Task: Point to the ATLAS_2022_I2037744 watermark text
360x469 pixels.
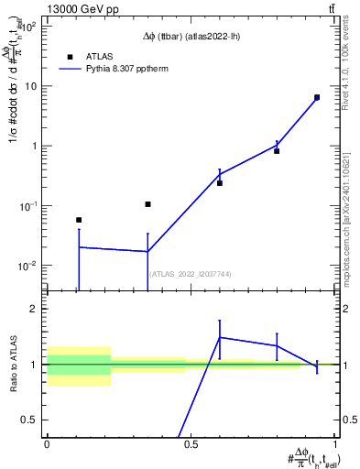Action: coord(191,274)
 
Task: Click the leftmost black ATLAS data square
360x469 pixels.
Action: coord(79,220)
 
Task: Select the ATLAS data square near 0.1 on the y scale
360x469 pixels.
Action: coord(147,204)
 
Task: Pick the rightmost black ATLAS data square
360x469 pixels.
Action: coord(317,97)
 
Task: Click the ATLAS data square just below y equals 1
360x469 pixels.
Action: coord(277,151)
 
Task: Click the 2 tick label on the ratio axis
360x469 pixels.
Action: coord(35,310)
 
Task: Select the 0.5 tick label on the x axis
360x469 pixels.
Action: coord(191,442)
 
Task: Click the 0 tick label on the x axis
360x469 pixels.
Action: coord(47,442)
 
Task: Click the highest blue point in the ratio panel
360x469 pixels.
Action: coord(220,337)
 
